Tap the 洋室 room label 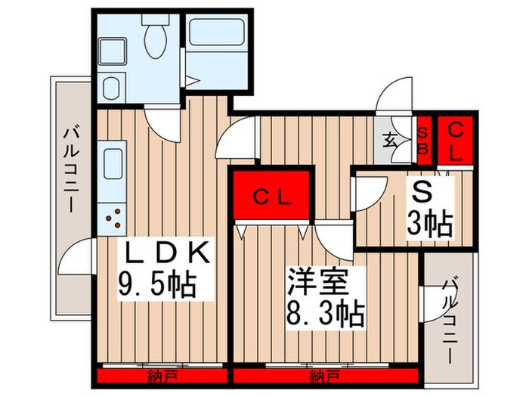click(x=317, y=281)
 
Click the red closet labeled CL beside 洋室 click(x=272, y=198)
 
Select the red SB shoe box click(x=422, y=141)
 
